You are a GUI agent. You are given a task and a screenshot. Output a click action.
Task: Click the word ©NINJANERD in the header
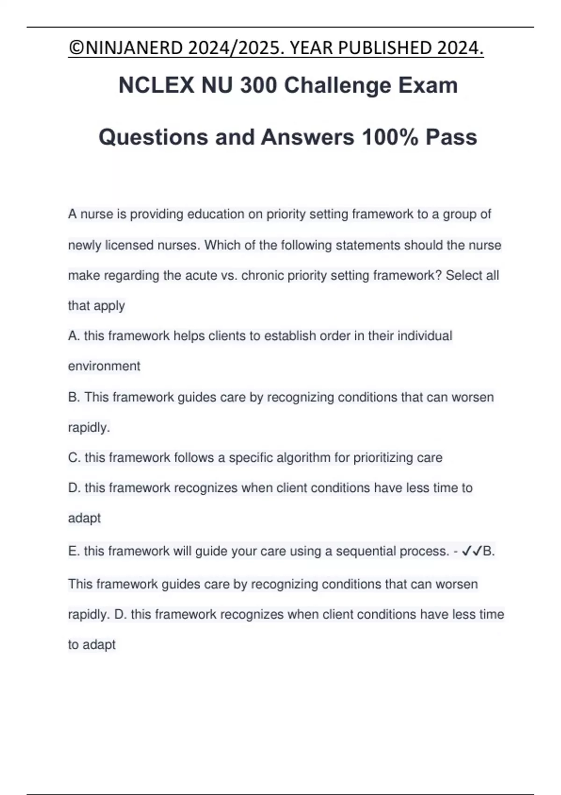click(125, 48)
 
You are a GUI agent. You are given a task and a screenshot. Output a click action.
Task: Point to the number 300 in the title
click(258, 85)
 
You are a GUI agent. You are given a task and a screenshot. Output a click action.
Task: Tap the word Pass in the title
click(451, 137)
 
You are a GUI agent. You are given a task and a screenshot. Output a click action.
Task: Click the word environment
click(104, 366)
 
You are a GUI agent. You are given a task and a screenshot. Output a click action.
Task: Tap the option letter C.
click(74, 457)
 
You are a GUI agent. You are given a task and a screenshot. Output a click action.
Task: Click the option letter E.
click(73, 551)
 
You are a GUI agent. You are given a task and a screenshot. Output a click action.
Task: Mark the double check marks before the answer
click(472, 551)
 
